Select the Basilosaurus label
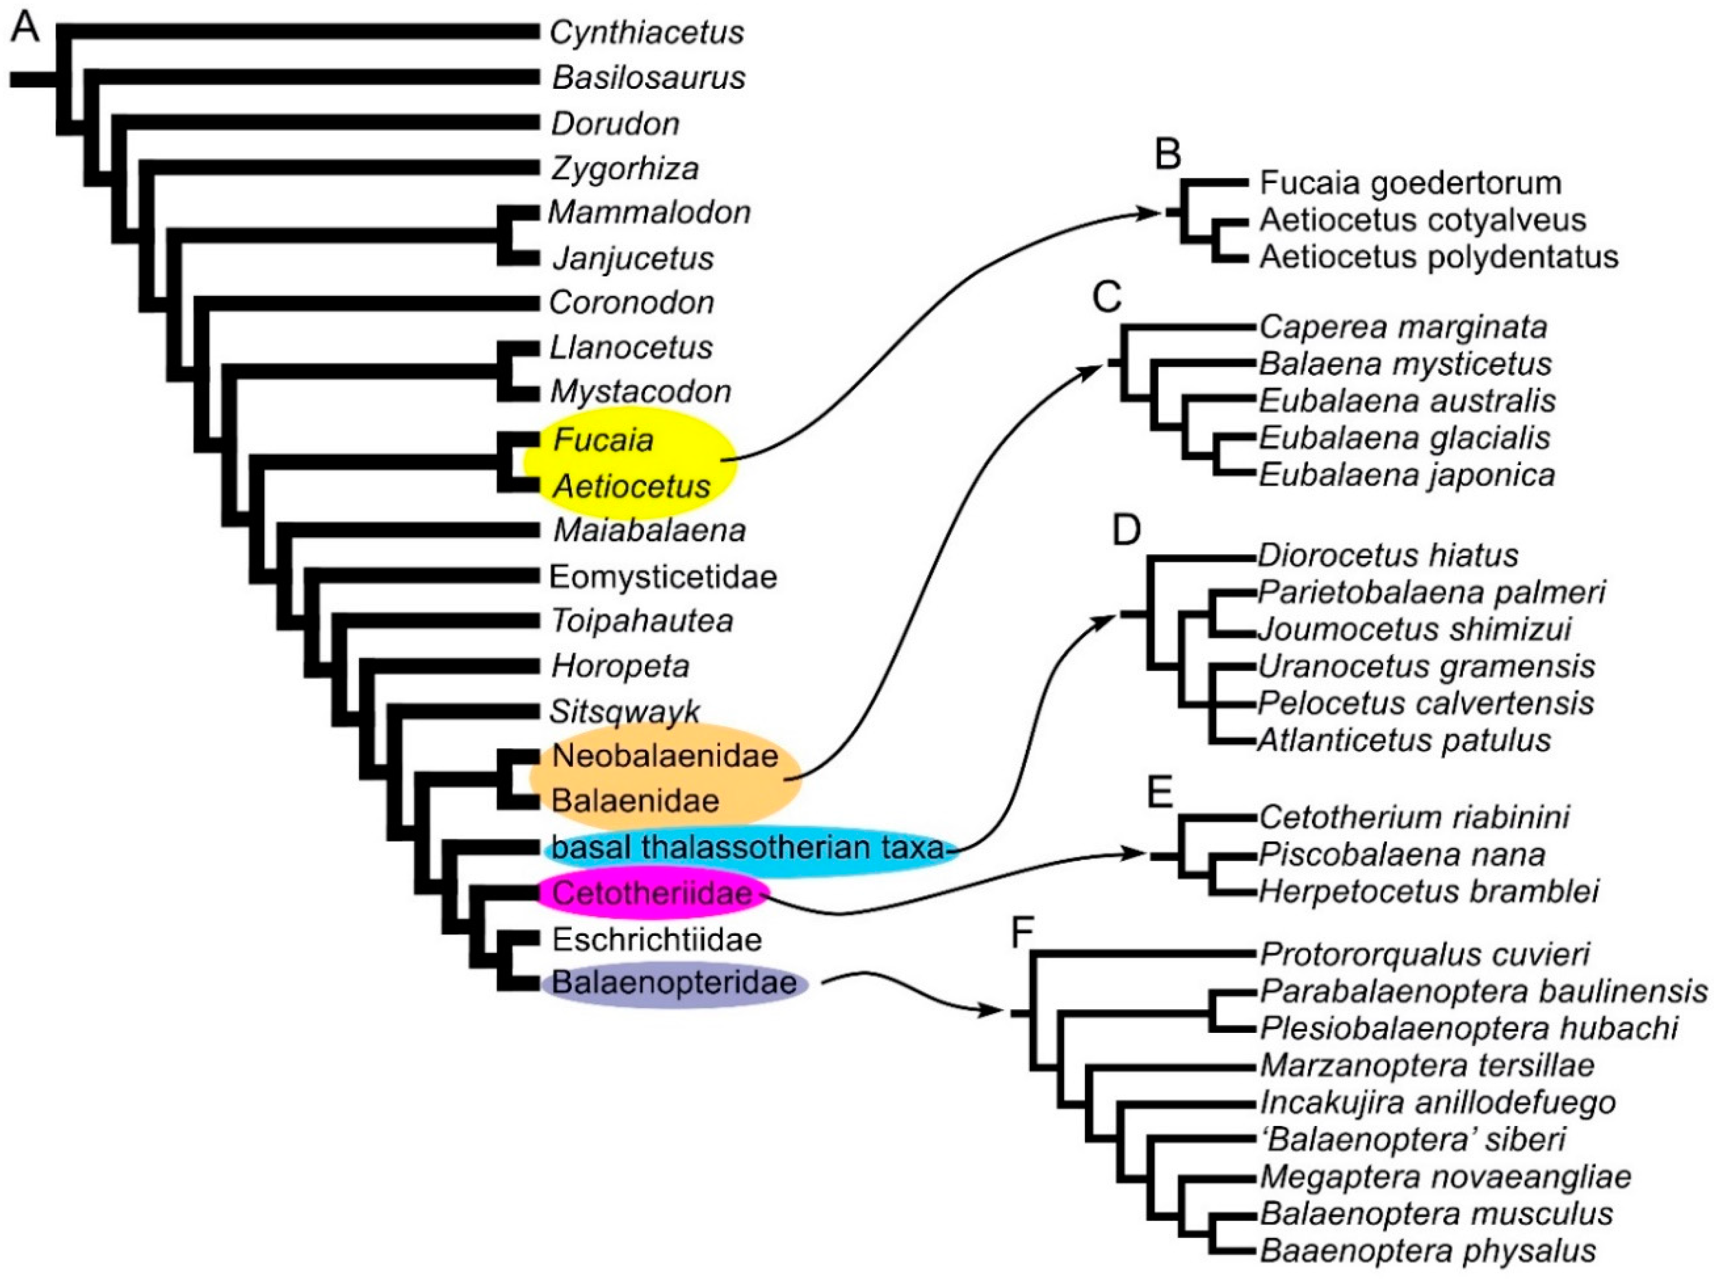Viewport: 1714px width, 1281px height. pos(649,78)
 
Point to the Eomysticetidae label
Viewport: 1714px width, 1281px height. pos(663,577)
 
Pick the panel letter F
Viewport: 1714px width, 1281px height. pos(1023,934)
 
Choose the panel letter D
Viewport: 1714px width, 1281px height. pos(1126,531)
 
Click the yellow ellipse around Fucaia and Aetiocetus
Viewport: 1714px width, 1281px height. pos(629,463)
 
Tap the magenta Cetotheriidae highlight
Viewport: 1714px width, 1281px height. pos(652,893)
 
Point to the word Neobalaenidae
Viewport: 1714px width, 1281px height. pos(665,755)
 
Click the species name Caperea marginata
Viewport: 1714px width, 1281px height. pos(1402,327)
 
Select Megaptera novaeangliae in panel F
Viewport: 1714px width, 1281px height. pos(1445,1176)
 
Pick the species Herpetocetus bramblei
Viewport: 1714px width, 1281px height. pos(1428,891)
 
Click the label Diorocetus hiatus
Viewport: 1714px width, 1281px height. pos(1387,555)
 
